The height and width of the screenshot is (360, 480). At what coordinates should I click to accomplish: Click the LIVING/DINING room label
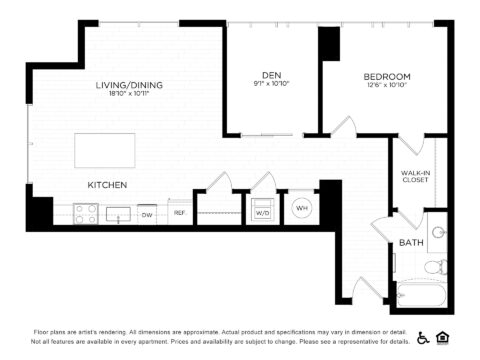pos(130,85)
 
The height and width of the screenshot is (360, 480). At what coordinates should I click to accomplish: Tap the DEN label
pos(271,75)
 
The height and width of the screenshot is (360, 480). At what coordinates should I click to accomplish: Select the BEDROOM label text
pos(386,76)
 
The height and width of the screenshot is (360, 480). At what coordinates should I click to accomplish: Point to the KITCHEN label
pos(106,185)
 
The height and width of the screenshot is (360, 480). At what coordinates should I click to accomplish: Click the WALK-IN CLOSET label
pos(416,177)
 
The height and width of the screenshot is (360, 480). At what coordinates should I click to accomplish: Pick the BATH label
pos(411,243)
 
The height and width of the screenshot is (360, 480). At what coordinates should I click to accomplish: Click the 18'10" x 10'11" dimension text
pos(130,96)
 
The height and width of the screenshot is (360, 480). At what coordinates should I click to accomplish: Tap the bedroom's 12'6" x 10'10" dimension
pos(386,87)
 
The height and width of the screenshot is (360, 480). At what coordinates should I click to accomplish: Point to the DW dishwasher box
pos(147,214)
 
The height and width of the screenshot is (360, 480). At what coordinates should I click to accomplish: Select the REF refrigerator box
pos(180,213)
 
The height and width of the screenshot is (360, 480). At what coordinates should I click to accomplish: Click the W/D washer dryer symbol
pos(263,213)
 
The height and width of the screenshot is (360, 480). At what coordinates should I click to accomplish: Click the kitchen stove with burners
pos(84,213)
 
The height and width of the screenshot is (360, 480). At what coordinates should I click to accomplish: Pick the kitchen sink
pos(117,213)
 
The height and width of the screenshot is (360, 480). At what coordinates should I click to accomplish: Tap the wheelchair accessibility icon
pos(423,338)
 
